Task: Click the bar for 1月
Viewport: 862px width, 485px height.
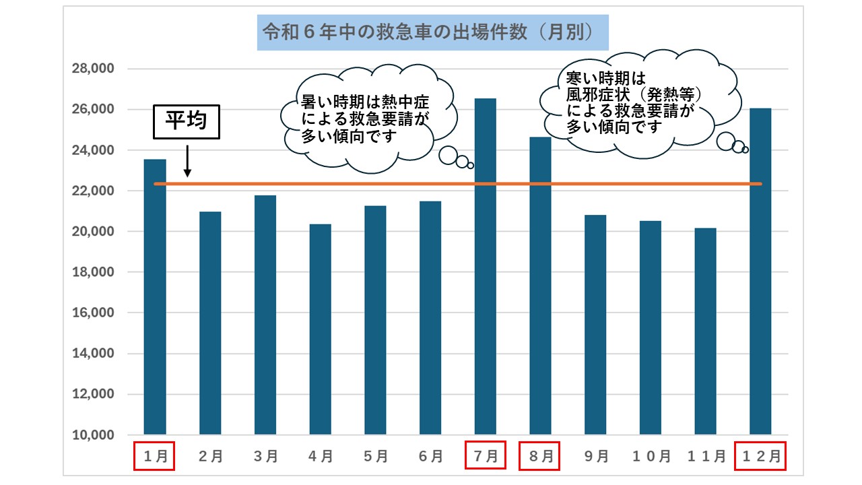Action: click(155, 296)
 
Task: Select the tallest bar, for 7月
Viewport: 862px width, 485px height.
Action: click(486, 266)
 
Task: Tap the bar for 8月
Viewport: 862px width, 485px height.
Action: click(540, 286)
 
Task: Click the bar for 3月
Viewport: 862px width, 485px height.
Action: click(265, 315)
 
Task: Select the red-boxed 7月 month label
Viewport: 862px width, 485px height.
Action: click(486, 456)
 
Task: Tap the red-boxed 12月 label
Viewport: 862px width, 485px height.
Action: click(760, 456)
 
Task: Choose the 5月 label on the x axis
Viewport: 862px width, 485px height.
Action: click(375, 456)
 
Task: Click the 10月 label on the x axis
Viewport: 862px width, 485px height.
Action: click(651, 456)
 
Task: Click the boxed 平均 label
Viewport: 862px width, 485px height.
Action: click(187, 122)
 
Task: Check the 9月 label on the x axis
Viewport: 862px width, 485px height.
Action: click(595, 456)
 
